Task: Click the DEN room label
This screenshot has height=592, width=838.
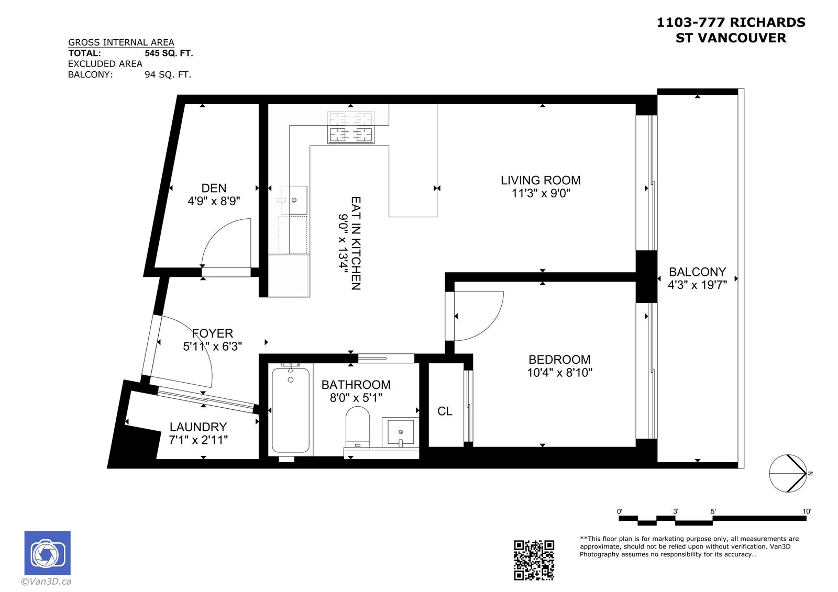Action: coord(214,188)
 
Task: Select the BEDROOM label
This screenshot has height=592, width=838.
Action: coord(559,360)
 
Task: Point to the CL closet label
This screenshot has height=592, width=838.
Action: coord(445,411)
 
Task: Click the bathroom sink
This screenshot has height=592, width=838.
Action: coord(400,432)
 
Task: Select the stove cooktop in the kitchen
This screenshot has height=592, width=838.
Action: coord(350,127)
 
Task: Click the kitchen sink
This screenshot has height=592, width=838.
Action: coord(294,200)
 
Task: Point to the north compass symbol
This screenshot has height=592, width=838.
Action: coord(788,474)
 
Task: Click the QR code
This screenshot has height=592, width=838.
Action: coord(534,560)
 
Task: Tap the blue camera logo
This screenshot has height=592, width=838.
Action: coord(48,553)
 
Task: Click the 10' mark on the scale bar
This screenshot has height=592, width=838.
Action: coord(807,511)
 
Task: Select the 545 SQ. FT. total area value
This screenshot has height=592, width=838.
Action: coord(169,53)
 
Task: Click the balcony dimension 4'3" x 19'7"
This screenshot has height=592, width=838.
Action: coord(697,285)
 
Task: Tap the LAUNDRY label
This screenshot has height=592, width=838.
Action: coord(198,427)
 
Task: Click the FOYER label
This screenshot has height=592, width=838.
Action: coord(213,333)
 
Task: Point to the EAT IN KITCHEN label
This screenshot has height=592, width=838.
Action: coord(356,243)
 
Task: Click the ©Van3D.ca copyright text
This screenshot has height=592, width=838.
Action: coord(46,582)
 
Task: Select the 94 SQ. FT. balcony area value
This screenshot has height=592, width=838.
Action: coord(168,75)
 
